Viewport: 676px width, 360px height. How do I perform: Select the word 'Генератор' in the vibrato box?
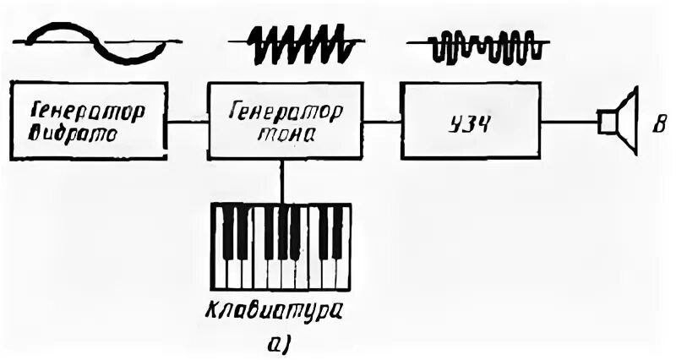point(89,110)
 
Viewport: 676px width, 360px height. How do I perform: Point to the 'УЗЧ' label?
point(467,120)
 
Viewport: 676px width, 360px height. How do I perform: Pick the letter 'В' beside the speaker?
point(657,127)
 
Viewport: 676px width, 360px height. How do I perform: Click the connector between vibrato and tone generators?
point(188,121)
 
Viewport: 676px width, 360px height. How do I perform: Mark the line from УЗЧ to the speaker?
point(568,121)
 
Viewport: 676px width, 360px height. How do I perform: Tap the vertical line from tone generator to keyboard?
point(281,181)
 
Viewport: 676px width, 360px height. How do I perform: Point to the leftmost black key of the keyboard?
point(227,230)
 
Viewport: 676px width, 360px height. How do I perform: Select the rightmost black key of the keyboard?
point(337,230)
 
